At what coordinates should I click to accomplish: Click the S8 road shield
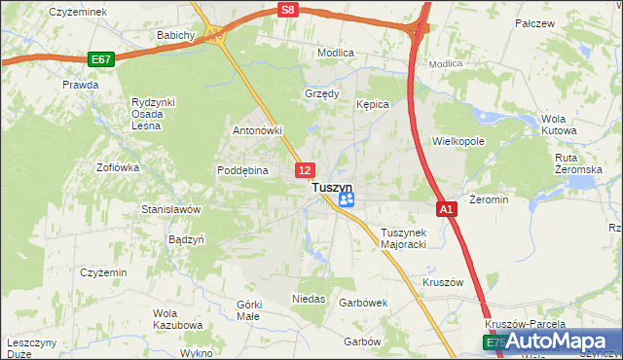tap(285, 10)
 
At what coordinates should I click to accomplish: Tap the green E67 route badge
tap(100, 59)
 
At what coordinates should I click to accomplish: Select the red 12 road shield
tap(305, 170)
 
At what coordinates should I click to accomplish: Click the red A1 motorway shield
tap(446, 209)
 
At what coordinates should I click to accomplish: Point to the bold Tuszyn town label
tap(331, 188)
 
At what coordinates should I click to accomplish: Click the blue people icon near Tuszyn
tap(347, 200)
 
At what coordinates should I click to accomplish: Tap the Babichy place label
tap(176, 35)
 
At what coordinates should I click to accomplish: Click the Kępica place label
tap(373, 104)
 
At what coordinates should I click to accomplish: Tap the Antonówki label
tap(257, 130)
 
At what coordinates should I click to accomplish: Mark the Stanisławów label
tap(170, 209)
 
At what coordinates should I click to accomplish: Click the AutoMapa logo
tap(554, 341)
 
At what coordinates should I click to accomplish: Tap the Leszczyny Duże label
tap(36, 349)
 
